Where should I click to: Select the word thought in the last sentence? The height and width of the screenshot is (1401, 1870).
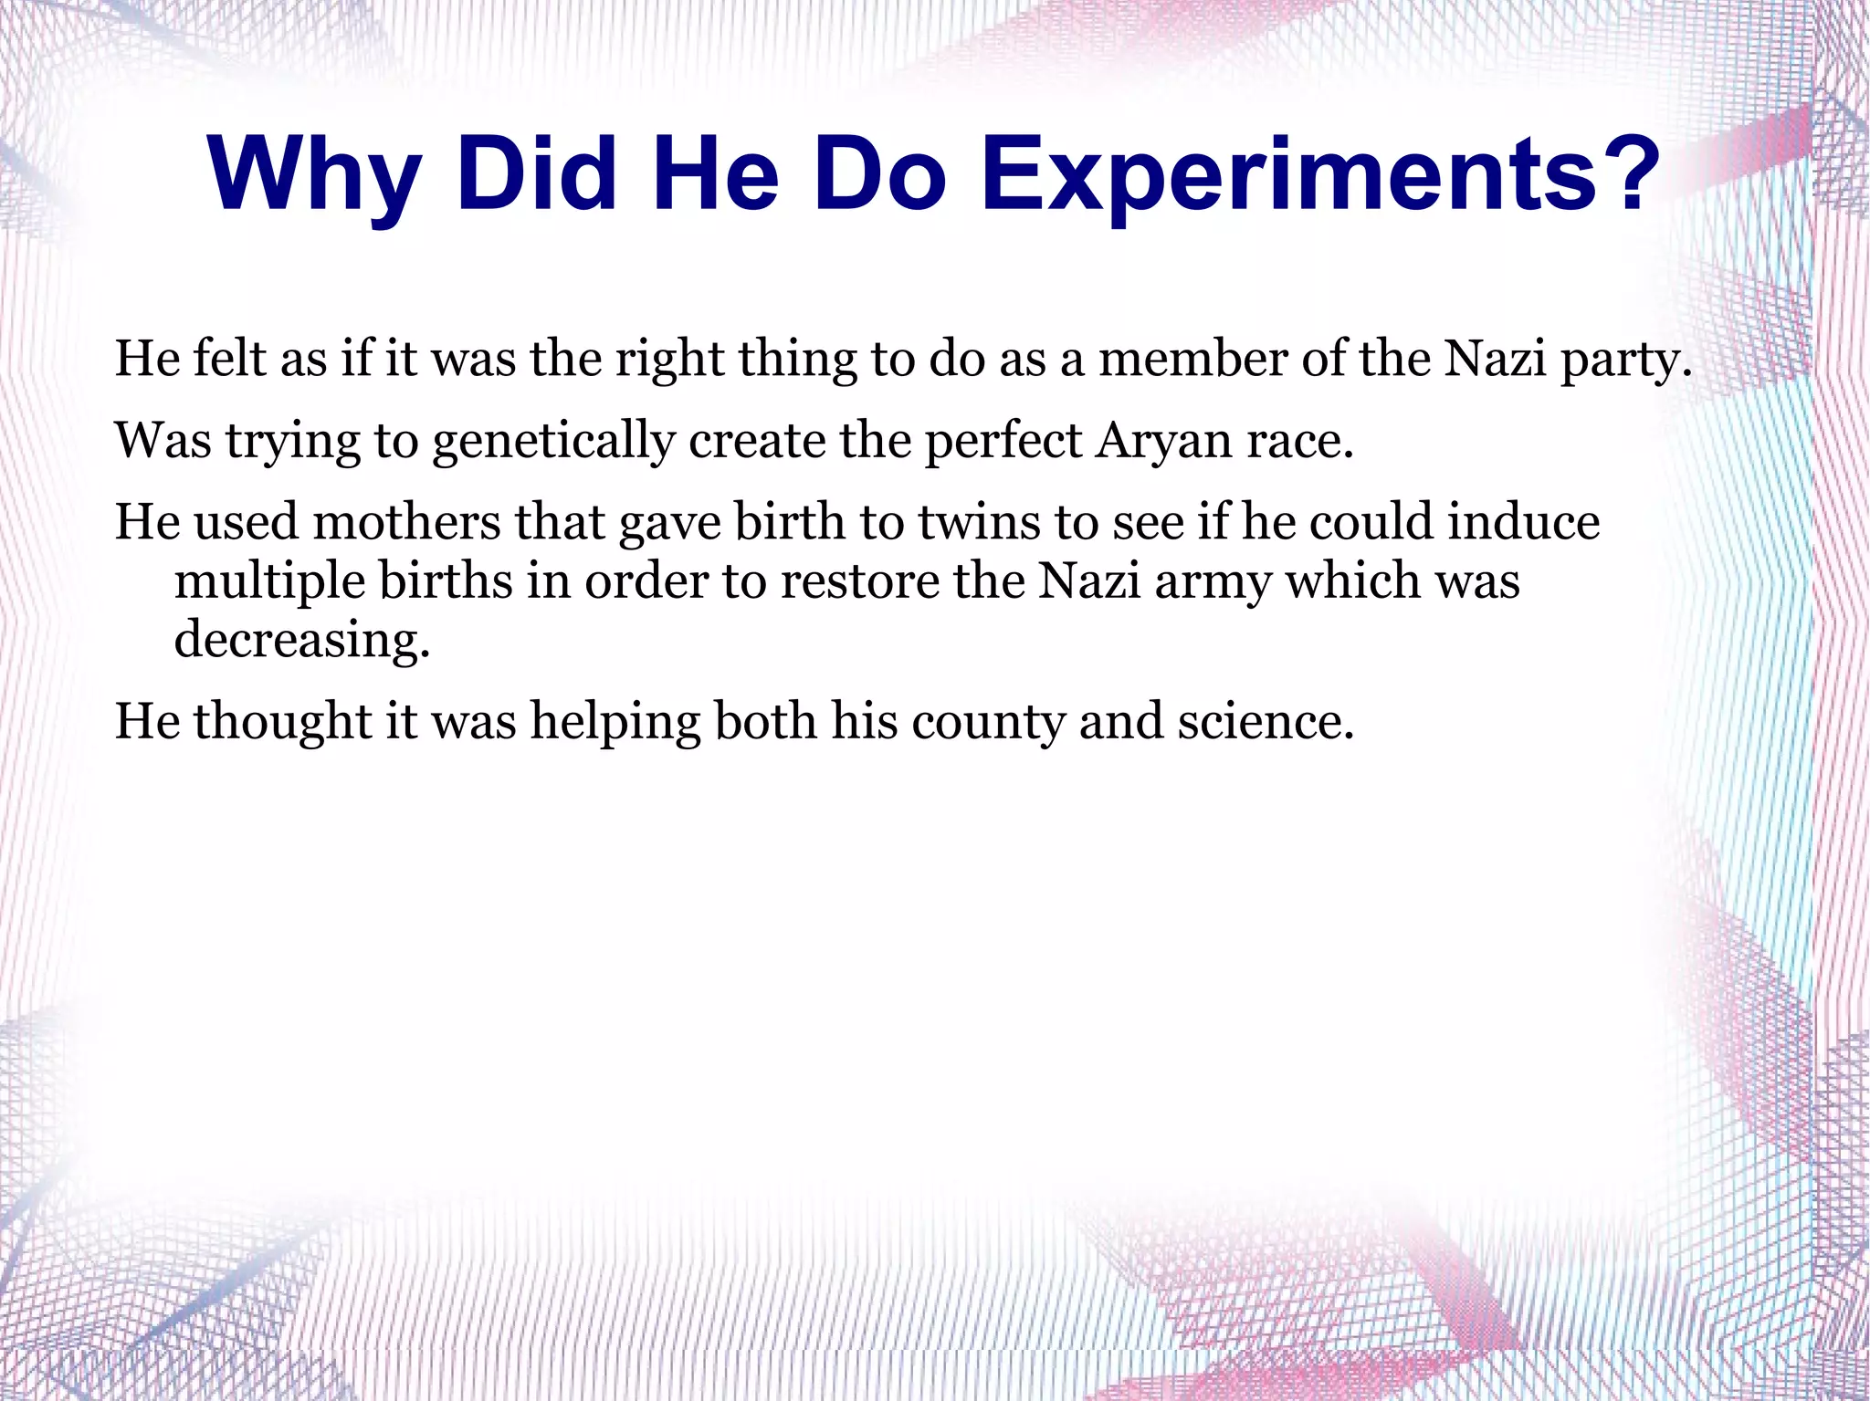click(283, 722)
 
